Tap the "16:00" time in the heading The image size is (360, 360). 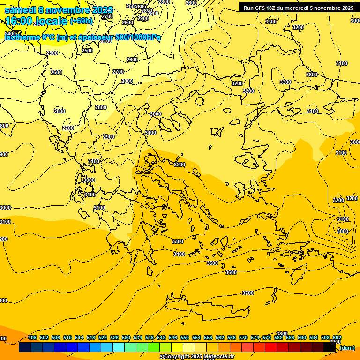click(x=18, y=21)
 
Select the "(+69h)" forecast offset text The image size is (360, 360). click(x=81, y=21)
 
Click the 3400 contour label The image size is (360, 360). click(x=179, y=254)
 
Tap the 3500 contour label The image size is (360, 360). click(x=212, y=263)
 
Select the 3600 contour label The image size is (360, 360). click(x=231, y=272)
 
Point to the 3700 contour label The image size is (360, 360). click(x=248, y=293)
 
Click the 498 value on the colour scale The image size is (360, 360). click(x=32, y=337)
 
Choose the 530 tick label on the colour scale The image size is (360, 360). click(x=126, y=337)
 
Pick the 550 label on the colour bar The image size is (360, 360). click(x=185, y=337)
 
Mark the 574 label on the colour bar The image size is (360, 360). click(x=255, y=337)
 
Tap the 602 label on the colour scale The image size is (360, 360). click(x=337, y=337)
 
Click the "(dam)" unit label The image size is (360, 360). click(x=347, y=348)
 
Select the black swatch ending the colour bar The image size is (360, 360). click(x=330, y=347)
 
